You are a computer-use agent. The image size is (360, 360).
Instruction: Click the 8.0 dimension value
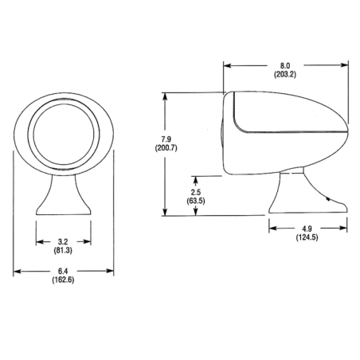[285, 65]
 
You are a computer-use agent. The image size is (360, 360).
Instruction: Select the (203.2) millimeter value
[285, 74]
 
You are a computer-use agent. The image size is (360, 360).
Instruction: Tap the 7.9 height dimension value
[166, 139]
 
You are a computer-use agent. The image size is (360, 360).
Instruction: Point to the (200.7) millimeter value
[166, 148]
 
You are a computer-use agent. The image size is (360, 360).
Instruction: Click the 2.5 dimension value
[196, 192]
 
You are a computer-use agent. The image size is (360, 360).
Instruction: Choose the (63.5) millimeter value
[196, 201]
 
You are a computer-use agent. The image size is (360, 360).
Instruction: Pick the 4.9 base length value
[307, 229]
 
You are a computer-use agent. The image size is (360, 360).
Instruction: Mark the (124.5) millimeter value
[307, 237]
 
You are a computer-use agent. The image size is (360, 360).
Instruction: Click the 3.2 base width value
[63, 241]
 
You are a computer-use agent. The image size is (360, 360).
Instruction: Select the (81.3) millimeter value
[63, 250]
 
